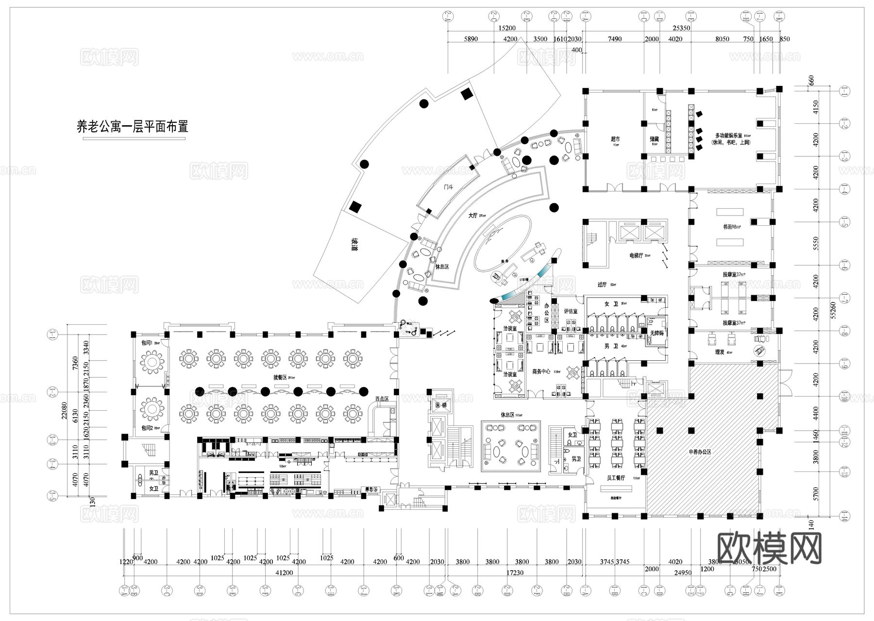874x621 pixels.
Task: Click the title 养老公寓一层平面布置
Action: coord(132,127)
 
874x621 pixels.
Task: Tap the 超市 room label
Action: coord(615,139)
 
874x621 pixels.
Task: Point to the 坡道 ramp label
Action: coord(355,246)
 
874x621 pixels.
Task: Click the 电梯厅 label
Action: coord(636,255)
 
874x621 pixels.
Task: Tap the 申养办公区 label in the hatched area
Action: coord(700,452)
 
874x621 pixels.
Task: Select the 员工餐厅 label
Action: coord(616,478)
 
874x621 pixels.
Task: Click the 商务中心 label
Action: coord(541,371)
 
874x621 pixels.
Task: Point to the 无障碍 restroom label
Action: coord(656,333)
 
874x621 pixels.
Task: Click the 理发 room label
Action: coord(720,352)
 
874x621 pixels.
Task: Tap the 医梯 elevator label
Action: coord(440,404)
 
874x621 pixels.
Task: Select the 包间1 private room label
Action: coord(147,343)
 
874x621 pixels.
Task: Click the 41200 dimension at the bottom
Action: coord(284,572)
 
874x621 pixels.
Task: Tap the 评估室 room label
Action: coord(571,311)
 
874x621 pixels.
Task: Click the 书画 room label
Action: coord(730,227)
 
